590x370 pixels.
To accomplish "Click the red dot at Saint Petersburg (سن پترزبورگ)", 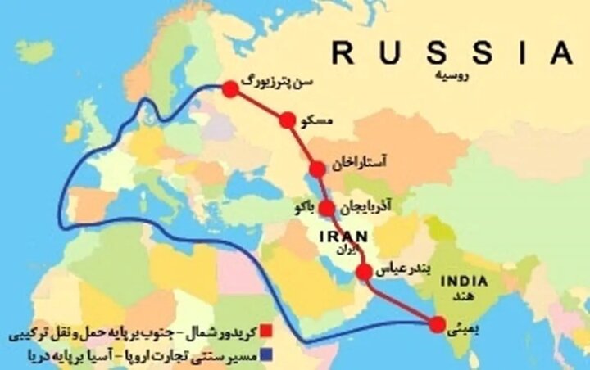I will (x=230, y=88).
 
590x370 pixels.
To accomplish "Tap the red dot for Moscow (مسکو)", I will (x=287, y=120).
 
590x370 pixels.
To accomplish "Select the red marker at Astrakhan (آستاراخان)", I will (x=317, y=169).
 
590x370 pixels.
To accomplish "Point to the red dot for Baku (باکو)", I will (x=327, y=207).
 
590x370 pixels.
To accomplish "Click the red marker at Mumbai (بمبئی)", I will (x=438, y=324).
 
